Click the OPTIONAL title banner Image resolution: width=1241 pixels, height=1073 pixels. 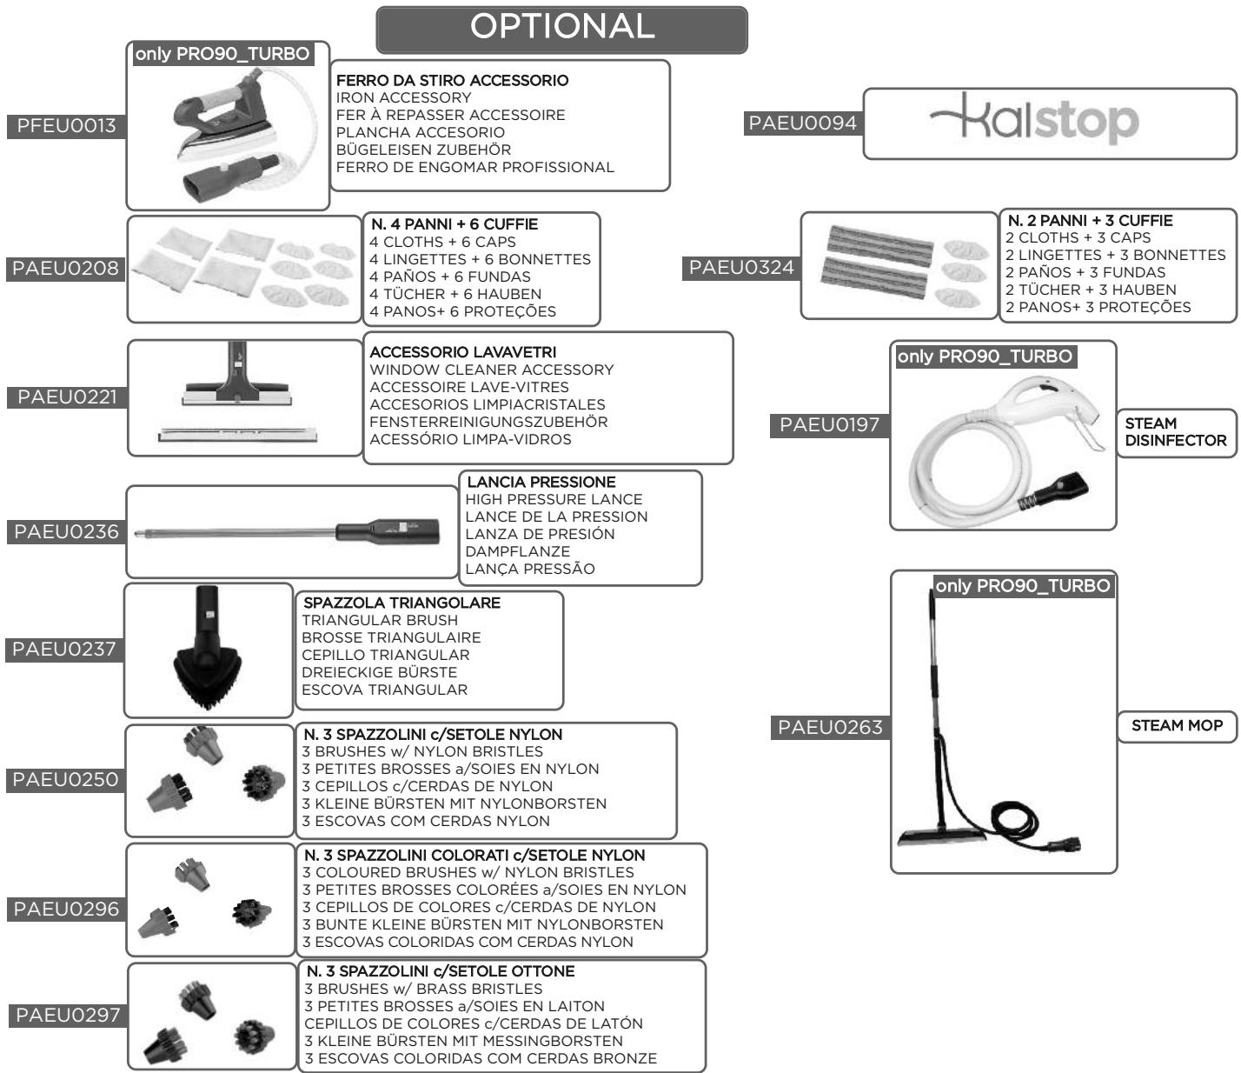point(561,30)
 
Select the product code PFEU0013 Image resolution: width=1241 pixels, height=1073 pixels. point(66,126)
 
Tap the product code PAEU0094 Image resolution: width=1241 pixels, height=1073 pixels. point(803,123)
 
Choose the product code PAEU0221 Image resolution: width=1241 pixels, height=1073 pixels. point(67,397)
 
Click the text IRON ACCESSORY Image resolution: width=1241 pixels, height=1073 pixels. point(403,98)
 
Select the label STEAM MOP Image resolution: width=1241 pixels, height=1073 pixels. point(1177,726)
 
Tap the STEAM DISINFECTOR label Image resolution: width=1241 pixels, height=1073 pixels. point(1176,432)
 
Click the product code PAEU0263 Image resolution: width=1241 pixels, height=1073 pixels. point(830,728)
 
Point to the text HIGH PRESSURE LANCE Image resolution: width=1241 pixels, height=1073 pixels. point(554,499)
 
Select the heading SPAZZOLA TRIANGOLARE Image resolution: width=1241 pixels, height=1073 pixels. point(401,603)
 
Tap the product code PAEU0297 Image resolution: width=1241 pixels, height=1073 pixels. point(68,1016)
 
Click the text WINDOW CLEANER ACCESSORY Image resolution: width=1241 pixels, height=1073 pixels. point(492,370)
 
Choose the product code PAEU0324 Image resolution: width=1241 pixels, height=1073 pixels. point(741,268)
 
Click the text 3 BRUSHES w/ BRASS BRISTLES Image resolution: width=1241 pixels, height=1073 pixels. point(423,989)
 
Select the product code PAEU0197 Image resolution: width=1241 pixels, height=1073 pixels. point(829,425)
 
